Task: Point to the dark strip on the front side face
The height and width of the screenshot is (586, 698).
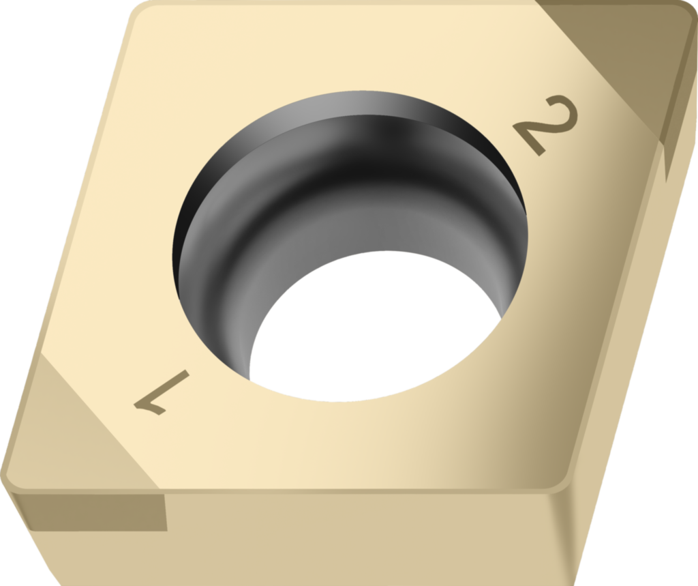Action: [95, 512]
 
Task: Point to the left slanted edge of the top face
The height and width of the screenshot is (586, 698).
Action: [68, 239]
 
